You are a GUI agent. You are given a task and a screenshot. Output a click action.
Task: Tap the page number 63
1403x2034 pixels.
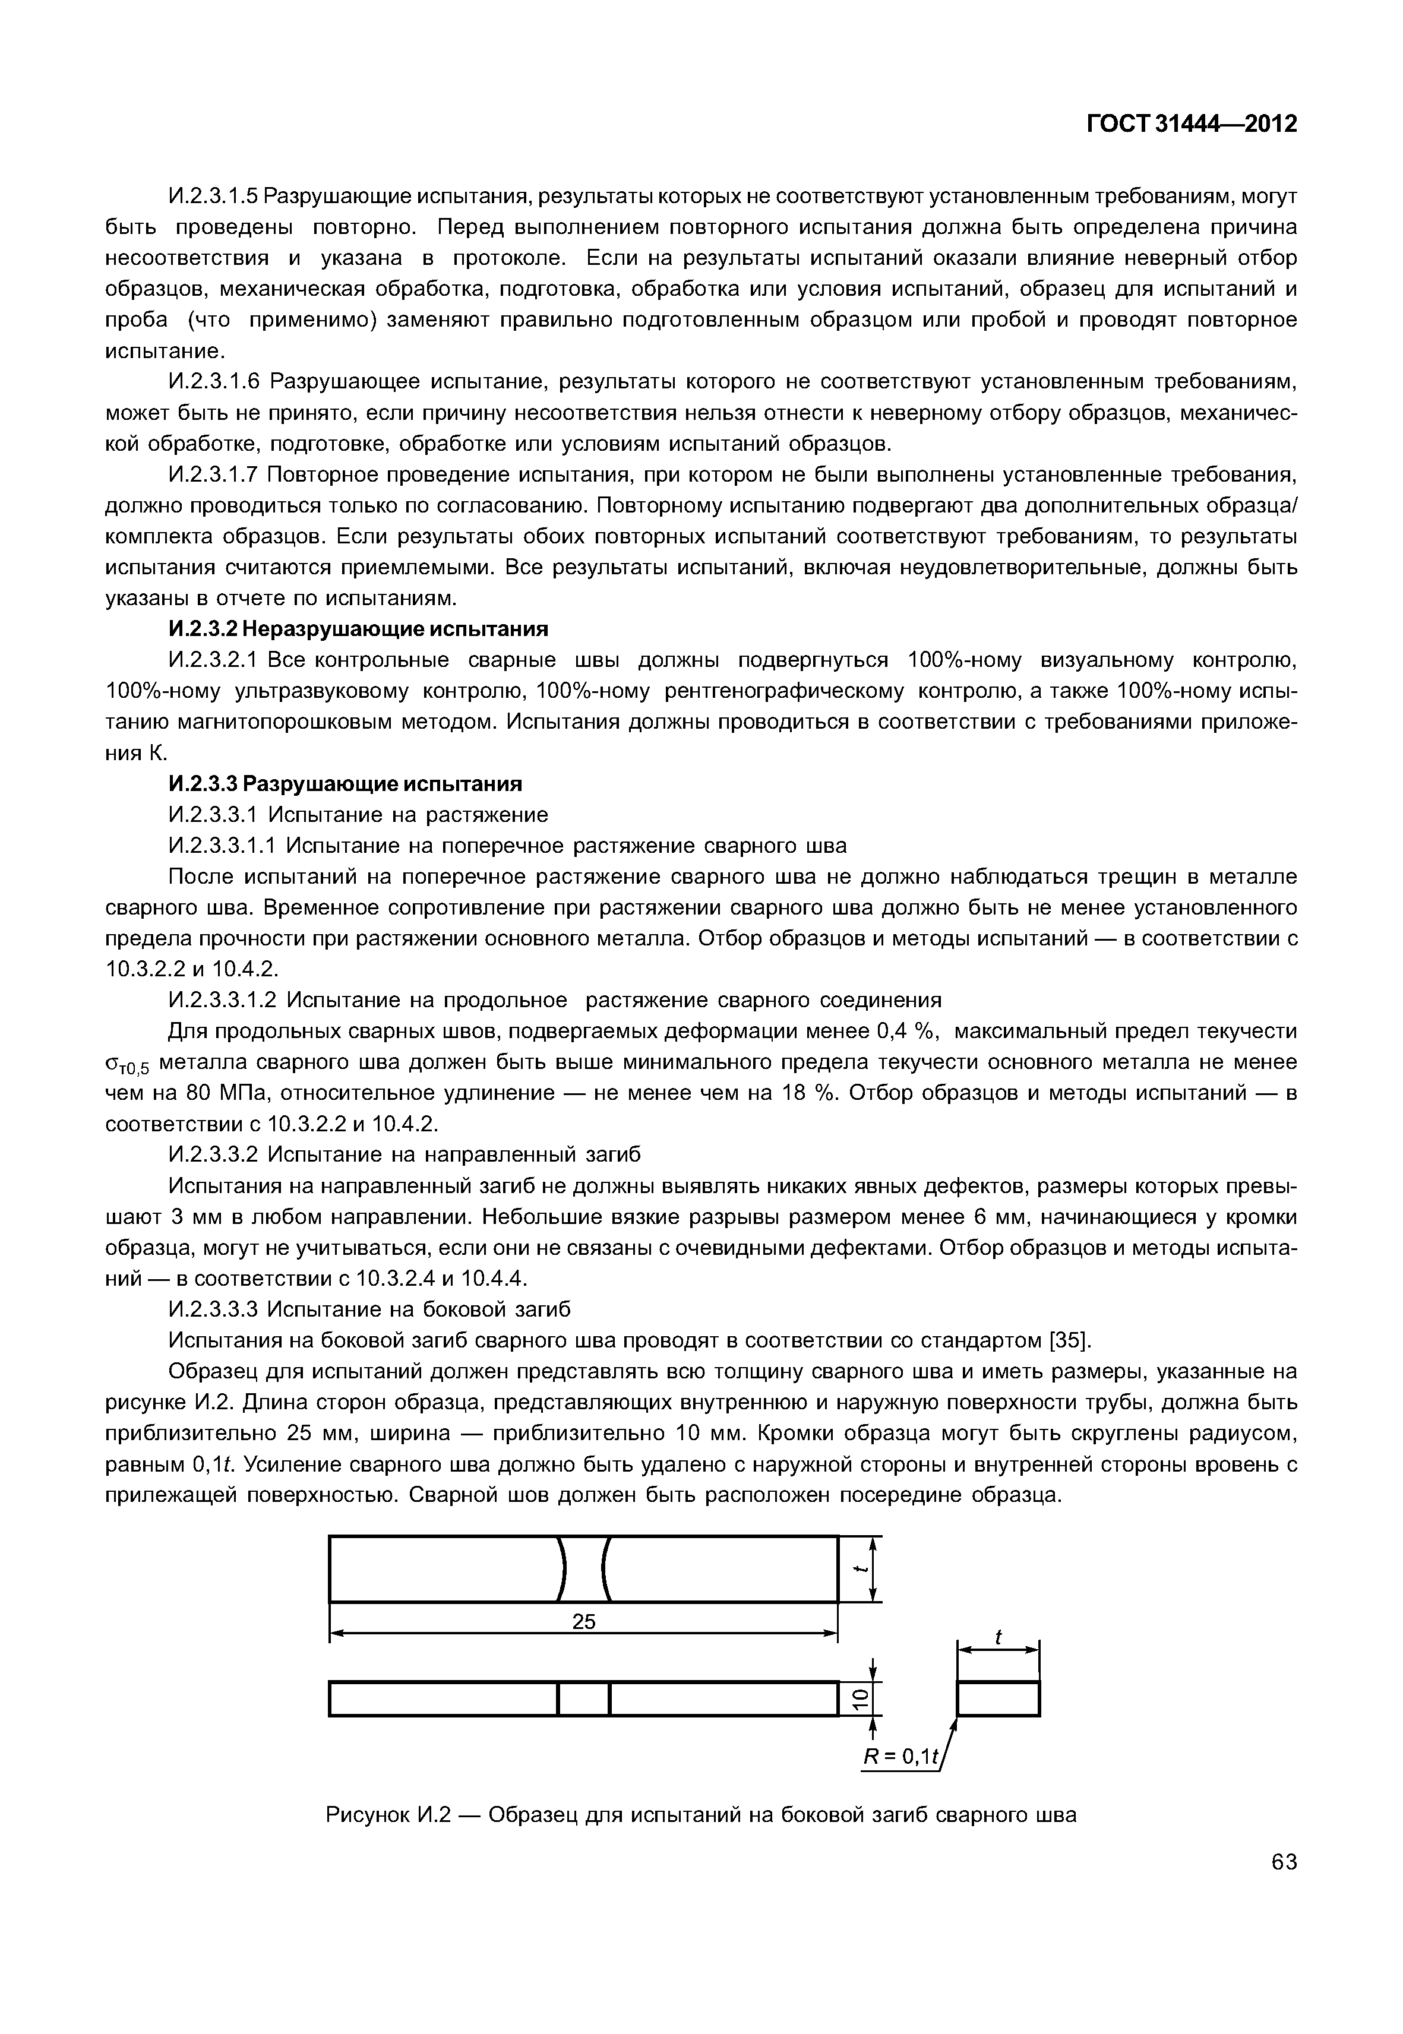(x=1284, y=1886)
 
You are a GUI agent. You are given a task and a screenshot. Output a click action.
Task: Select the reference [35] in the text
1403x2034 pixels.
(x=1070, y=1340)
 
